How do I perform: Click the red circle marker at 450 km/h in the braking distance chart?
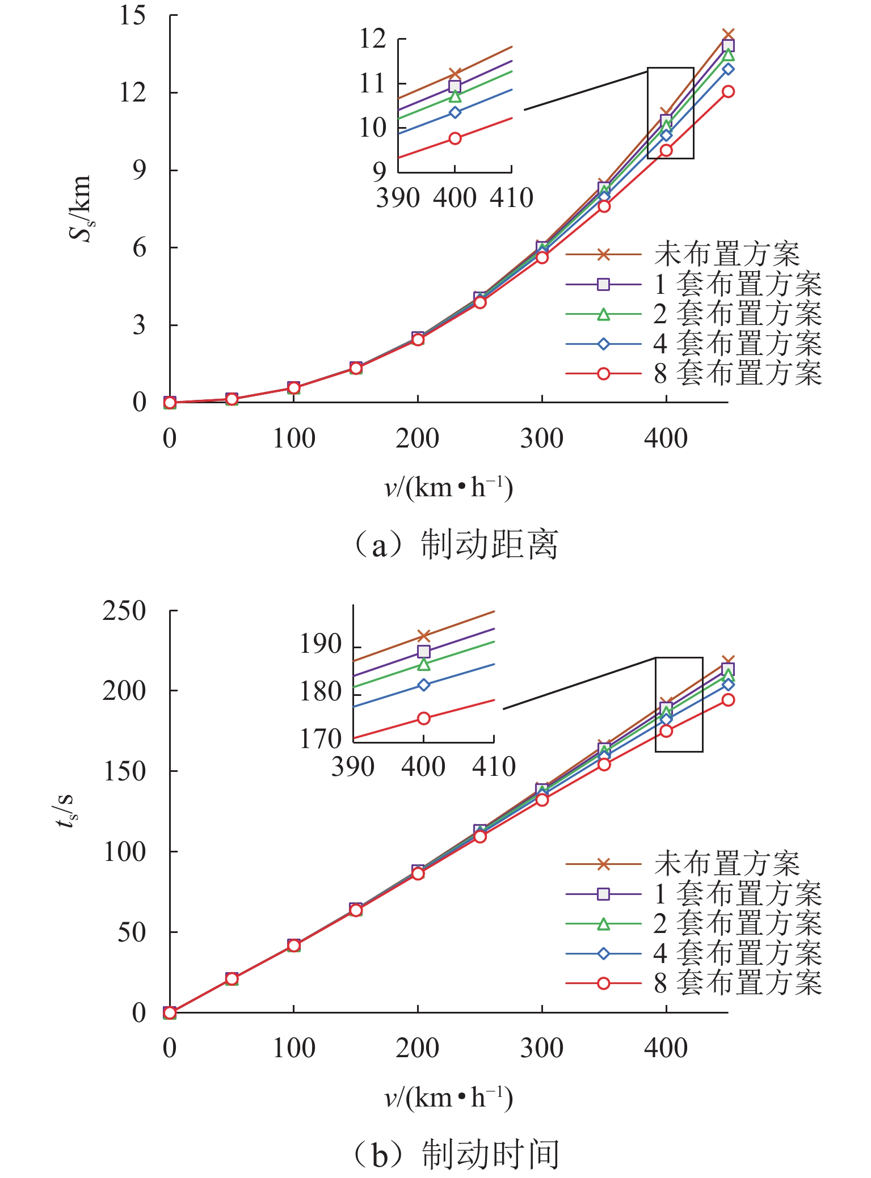728,91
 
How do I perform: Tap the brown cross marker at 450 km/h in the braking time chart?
728,661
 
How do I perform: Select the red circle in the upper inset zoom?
455,138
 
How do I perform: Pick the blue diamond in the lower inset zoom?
424,685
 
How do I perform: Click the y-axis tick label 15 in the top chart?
132,15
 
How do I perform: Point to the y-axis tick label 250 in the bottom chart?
124,611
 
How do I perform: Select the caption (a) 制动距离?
455,544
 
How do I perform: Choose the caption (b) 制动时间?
455,1154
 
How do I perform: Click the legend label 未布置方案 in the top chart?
727,255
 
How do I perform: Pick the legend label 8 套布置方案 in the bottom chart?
738,983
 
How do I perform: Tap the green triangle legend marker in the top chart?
604,314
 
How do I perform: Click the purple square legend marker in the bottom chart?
604,894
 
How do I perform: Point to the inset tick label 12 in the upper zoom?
373,39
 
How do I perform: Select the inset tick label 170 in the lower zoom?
321,738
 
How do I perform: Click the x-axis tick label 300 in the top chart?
542,438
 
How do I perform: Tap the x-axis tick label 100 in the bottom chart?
293,1048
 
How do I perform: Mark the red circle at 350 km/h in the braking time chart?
604,765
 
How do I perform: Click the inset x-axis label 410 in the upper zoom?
512,198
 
